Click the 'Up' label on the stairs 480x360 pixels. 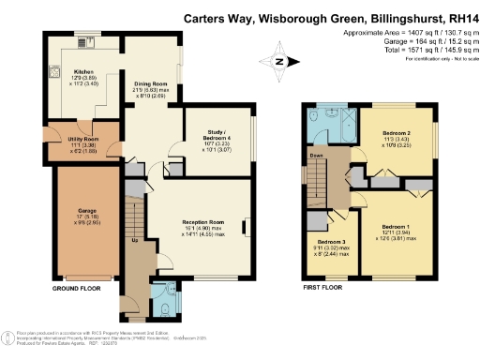pyautogui.click(x=134, y=241)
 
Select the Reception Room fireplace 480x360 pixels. pyautogui.click(x=245, y=226)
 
